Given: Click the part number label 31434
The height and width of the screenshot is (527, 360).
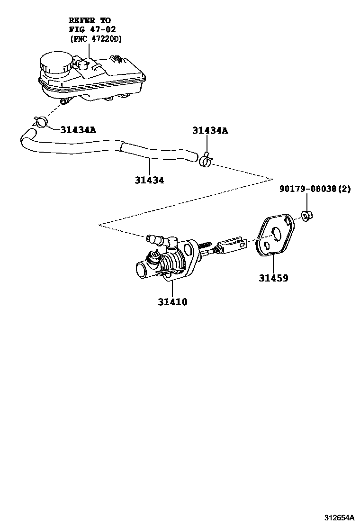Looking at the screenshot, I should pos(149,181).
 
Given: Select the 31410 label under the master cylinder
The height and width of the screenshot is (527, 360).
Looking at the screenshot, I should pos(172,301).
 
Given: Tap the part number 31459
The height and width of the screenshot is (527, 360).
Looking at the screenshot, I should pos(273,278).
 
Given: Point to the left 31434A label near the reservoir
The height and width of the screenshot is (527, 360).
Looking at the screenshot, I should pos(78,129).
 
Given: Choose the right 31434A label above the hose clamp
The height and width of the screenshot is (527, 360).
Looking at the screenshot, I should pos(210,130).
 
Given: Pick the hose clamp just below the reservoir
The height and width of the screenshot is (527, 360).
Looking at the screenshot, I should pos(41,122).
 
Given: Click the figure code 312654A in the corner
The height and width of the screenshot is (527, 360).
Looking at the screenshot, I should pos(339,517).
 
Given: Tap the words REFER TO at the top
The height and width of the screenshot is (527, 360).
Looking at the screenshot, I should pos(90,20).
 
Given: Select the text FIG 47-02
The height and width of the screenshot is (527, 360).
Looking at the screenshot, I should pos(90,29).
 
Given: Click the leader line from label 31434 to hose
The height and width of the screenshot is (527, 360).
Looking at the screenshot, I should pos(149,167).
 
